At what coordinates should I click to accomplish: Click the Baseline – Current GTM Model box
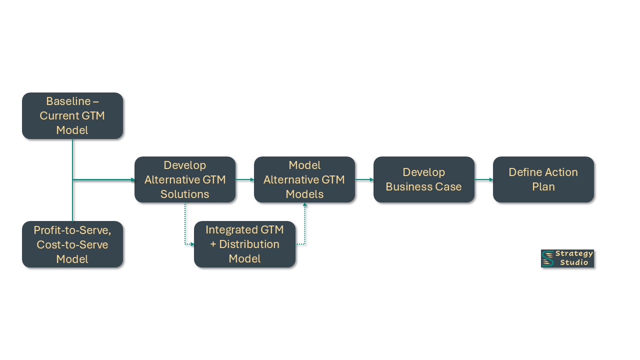click(x=72, y=115)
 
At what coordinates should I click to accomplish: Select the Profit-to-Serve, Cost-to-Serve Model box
click(x=72, y=244)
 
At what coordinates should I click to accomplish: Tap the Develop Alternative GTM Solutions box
click(x=185, y=179)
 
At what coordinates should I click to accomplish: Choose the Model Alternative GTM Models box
click(x=304, y=179)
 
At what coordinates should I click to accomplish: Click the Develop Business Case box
click(x=423, y=179)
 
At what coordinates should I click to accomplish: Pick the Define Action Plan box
click(x=543, y=179)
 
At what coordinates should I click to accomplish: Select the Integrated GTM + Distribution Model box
click(x=244, y=244)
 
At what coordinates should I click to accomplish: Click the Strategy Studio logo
click(x=567, y=258)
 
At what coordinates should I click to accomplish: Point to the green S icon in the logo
click(x=548, y=258)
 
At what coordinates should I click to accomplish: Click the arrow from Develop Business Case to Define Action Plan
click(x=483, y=179)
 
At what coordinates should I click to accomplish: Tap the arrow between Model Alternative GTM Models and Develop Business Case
click(x=364, y=179)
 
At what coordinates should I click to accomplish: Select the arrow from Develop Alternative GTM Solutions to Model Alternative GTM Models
click(x=244, y=179)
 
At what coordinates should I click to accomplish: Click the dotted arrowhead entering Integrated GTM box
click(x=192, y=244)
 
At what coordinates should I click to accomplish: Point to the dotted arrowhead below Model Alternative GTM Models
click(x=304, y=205)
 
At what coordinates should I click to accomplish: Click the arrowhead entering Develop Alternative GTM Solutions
click(x=132, y=179)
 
